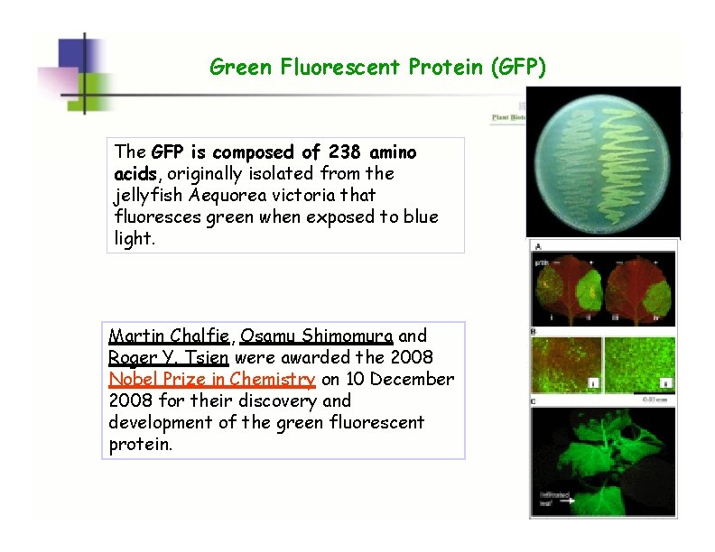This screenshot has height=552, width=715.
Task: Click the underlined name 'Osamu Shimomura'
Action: pyautogui.click(x=316, y=336)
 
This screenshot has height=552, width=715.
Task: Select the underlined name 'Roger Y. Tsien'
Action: pyautogui.click(x=169, y=358)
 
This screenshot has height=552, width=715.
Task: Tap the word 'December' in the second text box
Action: pyautogui.click(x=412, y=380)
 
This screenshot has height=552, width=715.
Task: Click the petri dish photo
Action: pyautogui.click(x=602, y=162)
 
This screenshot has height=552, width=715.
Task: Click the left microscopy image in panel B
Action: pyautogui.click(x=566, y=364)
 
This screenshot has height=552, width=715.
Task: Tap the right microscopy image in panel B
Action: pyautogui.click(x=640, y=364)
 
